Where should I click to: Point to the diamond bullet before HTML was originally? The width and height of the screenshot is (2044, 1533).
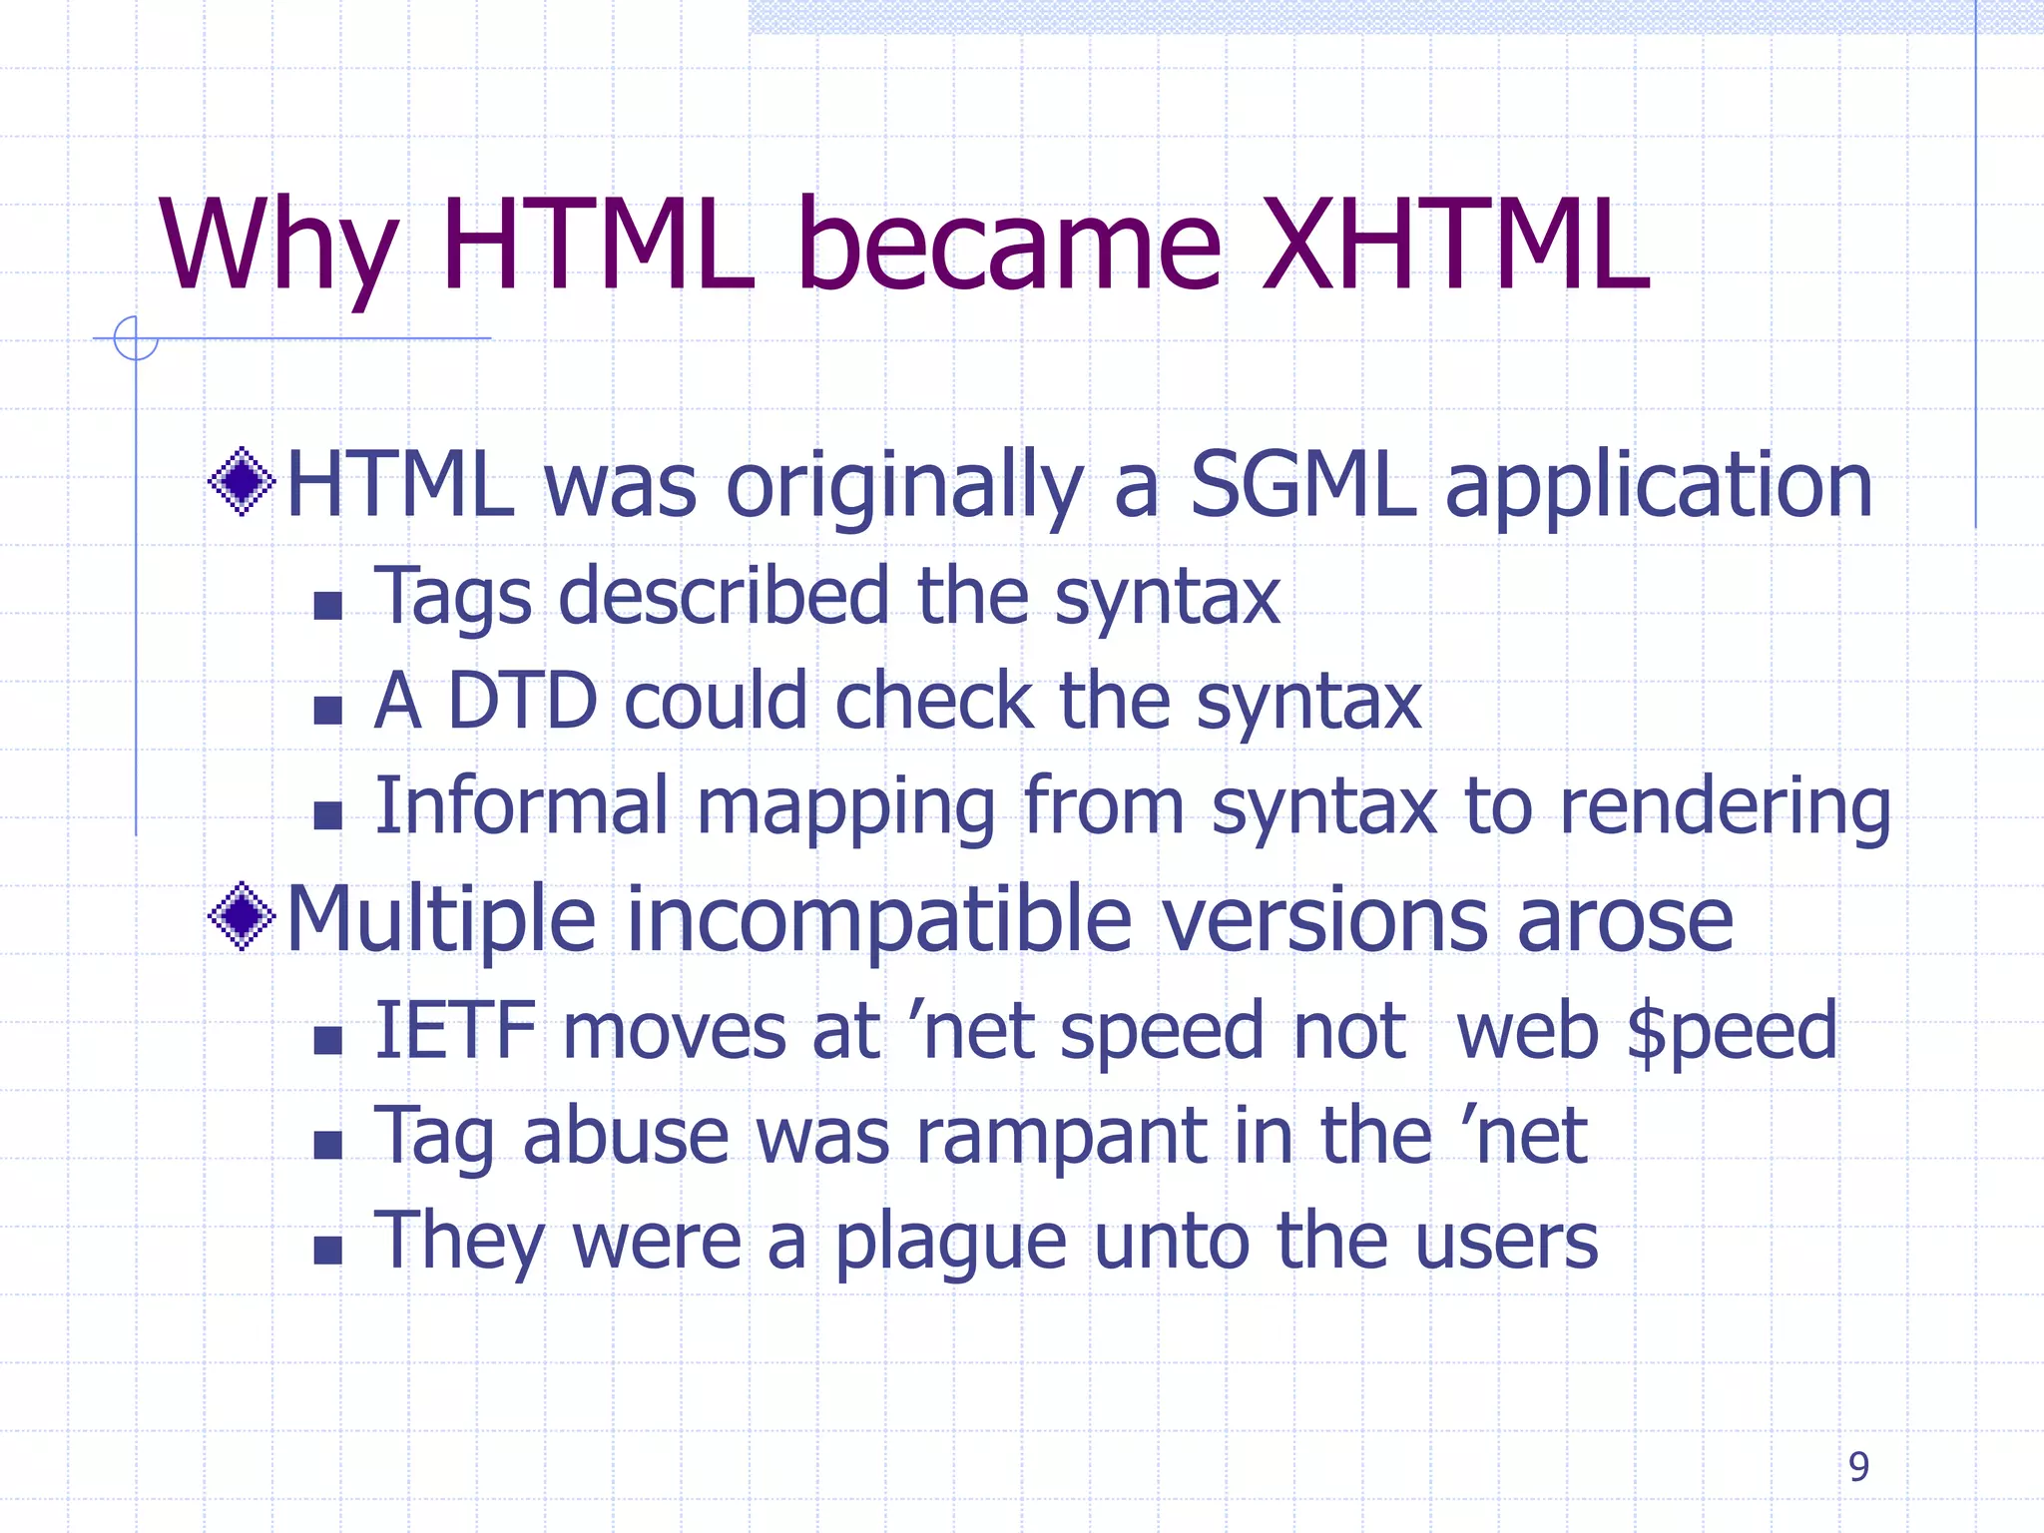coord(242,482)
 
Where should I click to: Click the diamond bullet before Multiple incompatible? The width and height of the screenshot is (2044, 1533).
coord(242,916)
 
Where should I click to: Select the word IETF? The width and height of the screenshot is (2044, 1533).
coord(455,1030)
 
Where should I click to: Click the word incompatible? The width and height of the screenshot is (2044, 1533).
coord(878,920)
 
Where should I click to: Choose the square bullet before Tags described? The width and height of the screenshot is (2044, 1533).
coord(327,606)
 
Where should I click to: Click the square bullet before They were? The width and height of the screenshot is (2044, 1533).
coord(327,1251)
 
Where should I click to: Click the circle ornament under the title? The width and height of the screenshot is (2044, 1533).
coord(136,338)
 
